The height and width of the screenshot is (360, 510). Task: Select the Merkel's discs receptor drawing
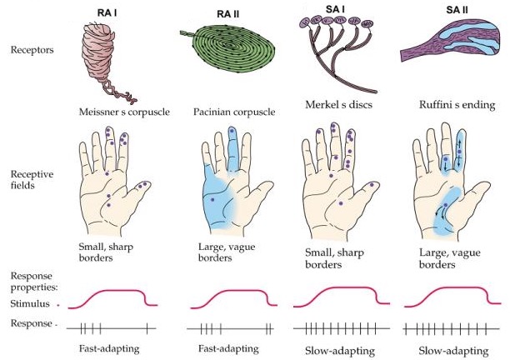click(333, 54)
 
